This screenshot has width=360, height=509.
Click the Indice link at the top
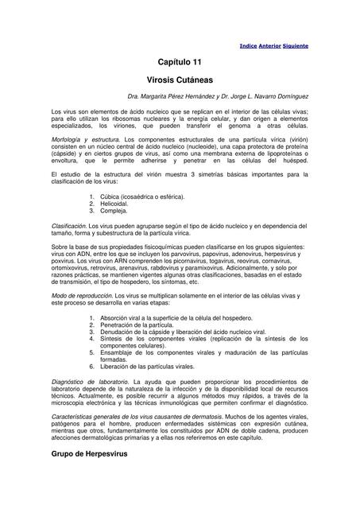tap(248, 46)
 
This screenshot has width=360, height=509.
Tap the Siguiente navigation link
tap(295, 46)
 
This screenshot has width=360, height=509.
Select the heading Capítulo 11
tap(180, 63)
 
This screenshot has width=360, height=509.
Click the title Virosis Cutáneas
tap(180, 81)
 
